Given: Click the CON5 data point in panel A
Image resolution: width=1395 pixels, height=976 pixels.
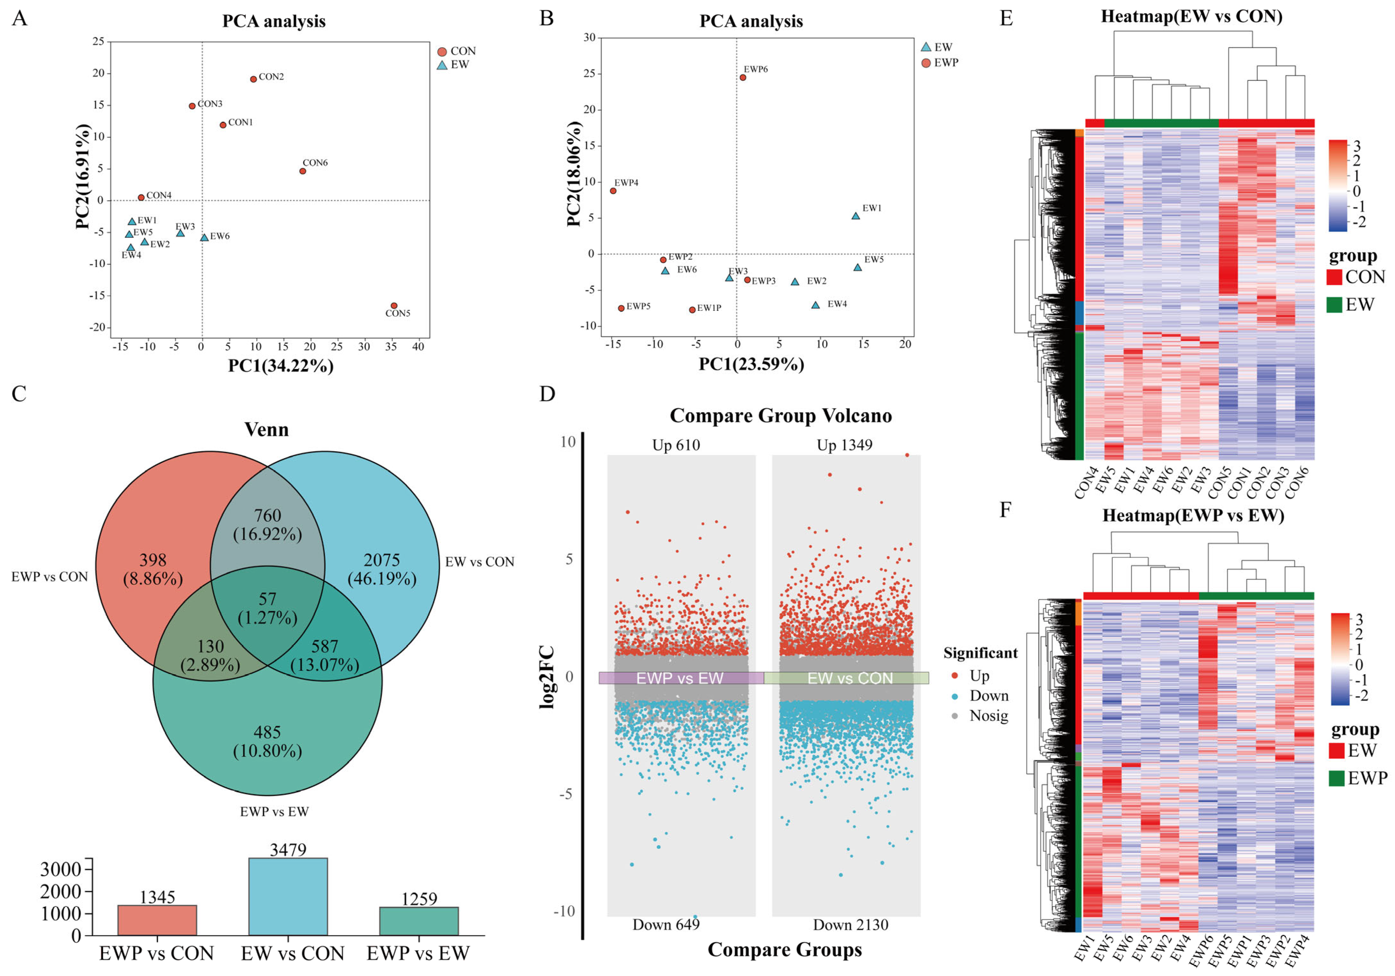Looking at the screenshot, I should tap(394, 305).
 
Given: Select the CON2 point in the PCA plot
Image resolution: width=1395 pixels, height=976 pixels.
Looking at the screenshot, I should tap(253, 79).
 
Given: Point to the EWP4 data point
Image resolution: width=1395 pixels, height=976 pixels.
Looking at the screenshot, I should tap(613, 191).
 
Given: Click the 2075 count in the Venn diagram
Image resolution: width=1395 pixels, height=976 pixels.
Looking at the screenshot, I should tap(382, 560).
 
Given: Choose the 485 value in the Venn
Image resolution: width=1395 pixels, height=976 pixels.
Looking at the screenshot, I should tap(267, 733).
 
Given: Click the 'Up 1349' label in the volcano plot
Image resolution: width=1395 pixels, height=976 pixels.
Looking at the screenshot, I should tap(845, 445).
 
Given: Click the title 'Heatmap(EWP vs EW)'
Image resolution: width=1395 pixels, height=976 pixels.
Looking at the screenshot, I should tap(1193, 516).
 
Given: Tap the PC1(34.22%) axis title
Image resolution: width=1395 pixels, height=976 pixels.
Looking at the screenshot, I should tap(281, 365).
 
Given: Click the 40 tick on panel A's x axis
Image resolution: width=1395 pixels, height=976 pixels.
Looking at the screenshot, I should tap(418, 347).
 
